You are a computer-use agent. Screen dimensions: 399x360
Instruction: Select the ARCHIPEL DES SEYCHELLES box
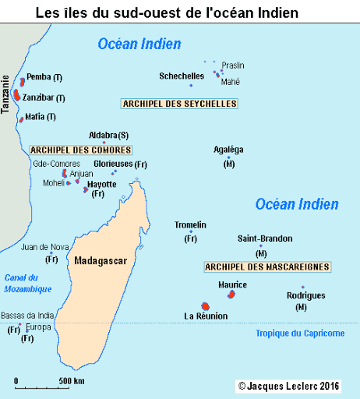(x=179, y=104)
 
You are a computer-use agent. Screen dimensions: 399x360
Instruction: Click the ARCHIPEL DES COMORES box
(x=80, y=149)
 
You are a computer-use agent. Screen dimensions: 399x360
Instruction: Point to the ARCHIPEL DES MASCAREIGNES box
(x=266, y=267)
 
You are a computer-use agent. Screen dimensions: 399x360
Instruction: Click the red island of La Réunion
(x=206, y=306)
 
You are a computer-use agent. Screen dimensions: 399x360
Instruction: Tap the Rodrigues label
(x=305, y=295)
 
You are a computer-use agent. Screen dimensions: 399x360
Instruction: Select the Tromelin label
(x=190, y=225)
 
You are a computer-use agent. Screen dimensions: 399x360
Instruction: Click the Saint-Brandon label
(x=265, y=238)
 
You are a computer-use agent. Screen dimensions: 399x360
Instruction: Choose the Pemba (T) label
(x=44, y=76)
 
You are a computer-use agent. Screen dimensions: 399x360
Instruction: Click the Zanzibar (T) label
(x=44, y=97)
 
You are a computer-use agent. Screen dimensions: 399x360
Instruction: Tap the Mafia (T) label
(x=41, y=117)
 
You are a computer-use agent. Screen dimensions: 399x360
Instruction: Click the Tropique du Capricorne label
(x=300, y=334)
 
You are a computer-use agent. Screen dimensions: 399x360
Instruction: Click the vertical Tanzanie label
(x=5, y=94)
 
